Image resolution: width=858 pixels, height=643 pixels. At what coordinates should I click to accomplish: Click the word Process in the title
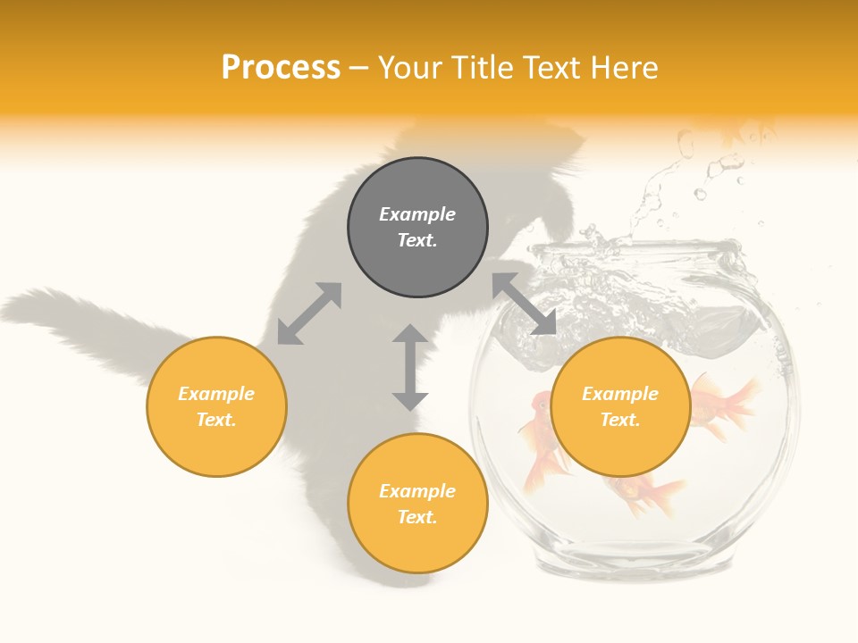(281, 68)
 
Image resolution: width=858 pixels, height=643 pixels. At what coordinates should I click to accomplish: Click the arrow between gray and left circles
(309, 313)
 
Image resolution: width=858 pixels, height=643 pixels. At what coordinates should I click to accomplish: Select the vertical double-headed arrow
(410, 367)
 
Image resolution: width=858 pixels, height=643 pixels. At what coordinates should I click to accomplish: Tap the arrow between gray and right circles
(524, 304)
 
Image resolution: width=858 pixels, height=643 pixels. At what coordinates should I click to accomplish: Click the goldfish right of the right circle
(726, 406)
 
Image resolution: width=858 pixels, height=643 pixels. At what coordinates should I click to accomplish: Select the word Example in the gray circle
(417, 214)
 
